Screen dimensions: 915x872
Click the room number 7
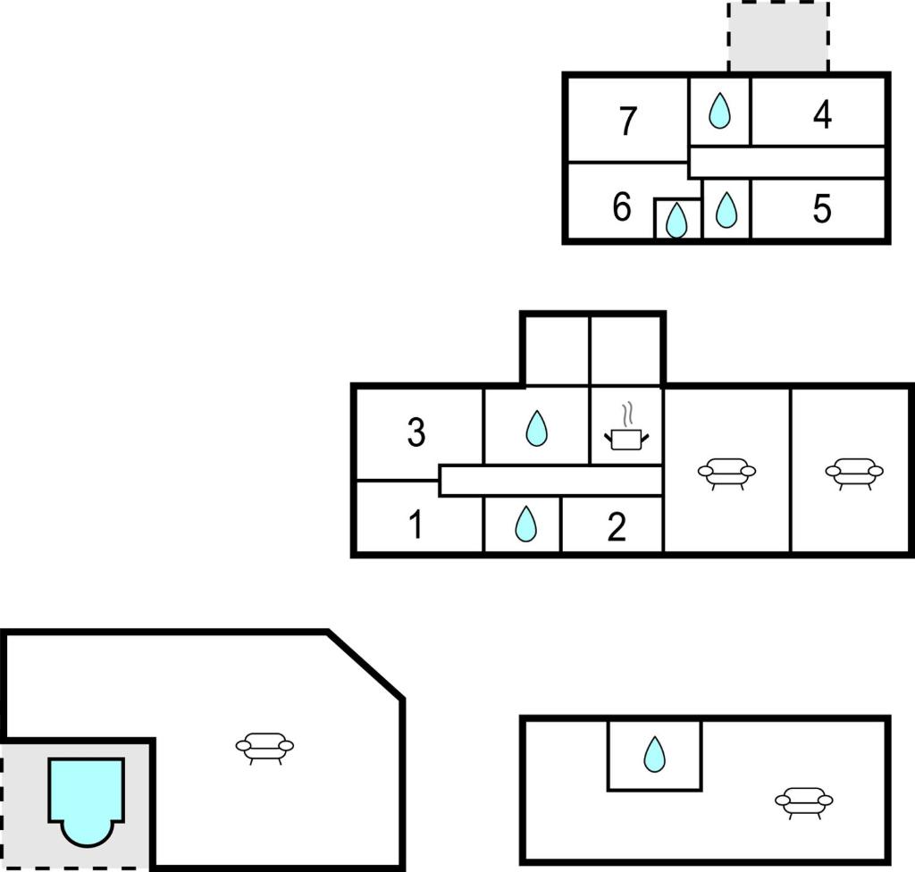point(627,121)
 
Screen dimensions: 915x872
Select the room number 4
point(822,114)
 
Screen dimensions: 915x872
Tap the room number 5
point(822,209)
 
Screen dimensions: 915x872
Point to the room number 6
point(622,206)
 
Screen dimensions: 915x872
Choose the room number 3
point(416,432)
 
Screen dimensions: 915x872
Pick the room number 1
point(416,524)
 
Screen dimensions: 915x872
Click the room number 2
point(617,527)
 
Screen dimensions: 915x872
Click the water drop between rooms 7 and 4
point(719,110)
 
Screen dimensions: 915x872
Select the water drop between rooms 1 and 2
point(525,524)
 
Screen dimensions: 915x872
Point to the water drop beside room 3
point(536,429)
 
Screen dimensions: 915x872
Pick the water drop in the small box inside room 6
point(676,221)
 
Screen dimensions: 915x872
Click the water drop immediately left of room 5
point(726,210)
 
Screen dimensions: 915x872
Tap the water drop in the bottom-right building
point(654,754)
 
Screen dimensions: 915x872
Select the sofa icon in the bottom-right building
point(803,803)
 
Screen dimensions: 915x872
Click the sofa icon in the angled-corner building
point(264,749)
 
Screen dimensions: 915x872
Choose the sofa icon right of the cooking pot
point(727,474)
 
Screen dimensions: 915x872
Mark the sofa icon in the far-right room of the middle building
point(854,474)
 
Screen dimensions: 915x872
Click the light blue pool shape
point(87,802)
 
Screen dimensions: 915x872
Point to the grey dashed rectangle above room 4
point(778,37)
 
